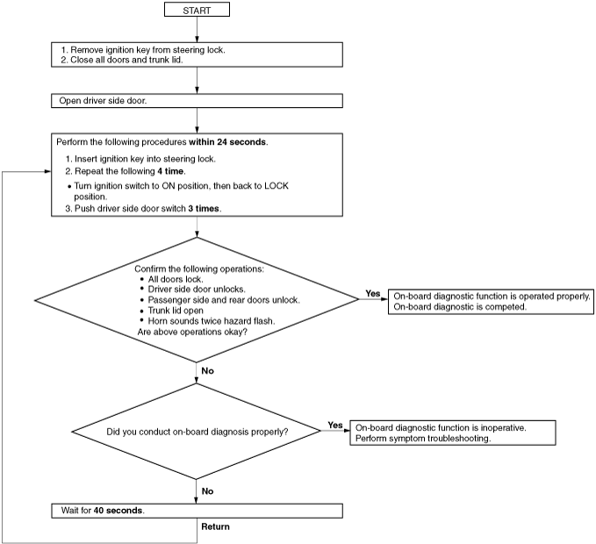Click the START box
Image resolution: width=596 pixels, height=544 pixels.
(x=197, y=10)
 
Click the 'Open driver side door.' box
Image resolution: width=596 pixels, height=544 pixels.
(x=197, y=101)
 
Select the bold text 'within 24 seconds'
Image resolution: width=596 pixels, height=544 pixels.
(x=227, y=142)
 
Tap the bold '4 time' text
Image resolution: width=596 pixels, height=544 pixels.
(x=170, y=171)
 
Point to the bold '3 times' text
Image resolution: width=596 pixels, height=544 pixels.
(x=204, y=209)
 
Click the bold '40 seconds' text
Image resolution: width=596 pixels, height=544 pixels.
(x=118, y=511)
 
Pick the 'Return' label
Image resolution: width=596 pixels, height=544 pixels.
(x=216, y=526)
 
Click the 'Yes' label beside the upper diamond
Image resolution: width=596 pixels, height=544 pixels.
(x=372, y=293)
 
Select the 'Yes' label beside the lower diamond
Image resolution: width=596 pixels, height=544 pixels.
(x=335, y=425)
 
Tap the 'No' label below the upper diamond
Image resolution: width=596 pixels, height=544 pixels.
(x=207, y=371)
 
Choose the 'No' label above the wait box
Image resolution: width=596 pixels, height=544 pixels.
(x=207, y=491)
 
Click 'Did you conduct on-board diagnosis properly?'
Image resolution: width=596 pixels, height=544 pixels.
(x=197, y=432)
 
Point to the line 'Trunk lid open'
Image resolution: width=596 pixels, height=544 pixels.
(x=176, y=311)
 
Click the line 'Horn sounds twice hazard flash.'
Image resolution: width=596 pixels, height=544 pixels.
(x=212, y=321)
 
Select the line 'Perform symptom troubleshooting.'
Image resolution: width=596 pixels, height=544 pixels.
(x=423, y=439)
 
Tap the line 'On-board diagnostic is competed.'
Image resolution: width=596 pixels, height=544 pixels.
(x=460, y=307)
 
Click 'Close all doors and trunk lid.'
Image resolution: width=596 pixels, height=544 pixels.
(x=126, y=60)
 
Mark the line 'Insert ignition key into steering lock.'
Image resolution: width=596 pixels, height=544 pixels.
(x=145, y=159)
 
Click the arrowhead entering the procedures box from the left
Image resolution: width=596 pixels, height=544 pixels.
(x=48, y=172)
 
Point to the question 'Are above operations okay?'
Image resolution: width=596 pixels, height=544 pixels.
(x=192, y=332)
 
